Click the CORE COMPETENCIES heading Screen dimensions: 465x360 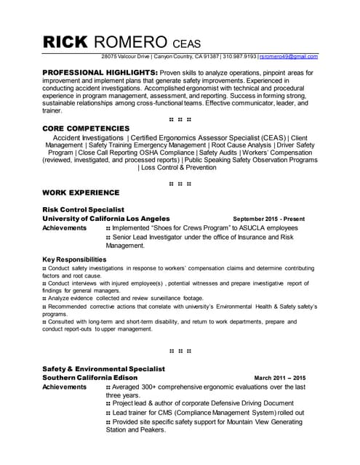85,128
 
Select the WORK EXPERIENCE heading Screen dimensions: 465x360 81,193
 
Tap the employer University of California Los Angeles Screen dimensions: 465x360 106,218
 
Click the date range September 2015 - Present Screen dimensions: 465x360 268,219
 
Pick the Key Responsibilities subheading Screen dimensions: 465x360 74,259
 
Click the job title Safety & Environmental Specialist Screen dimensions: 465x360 103,369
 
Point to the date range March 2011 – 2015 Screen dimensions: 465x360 279,379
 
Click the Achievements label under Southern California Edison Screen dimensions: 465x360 65,387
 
